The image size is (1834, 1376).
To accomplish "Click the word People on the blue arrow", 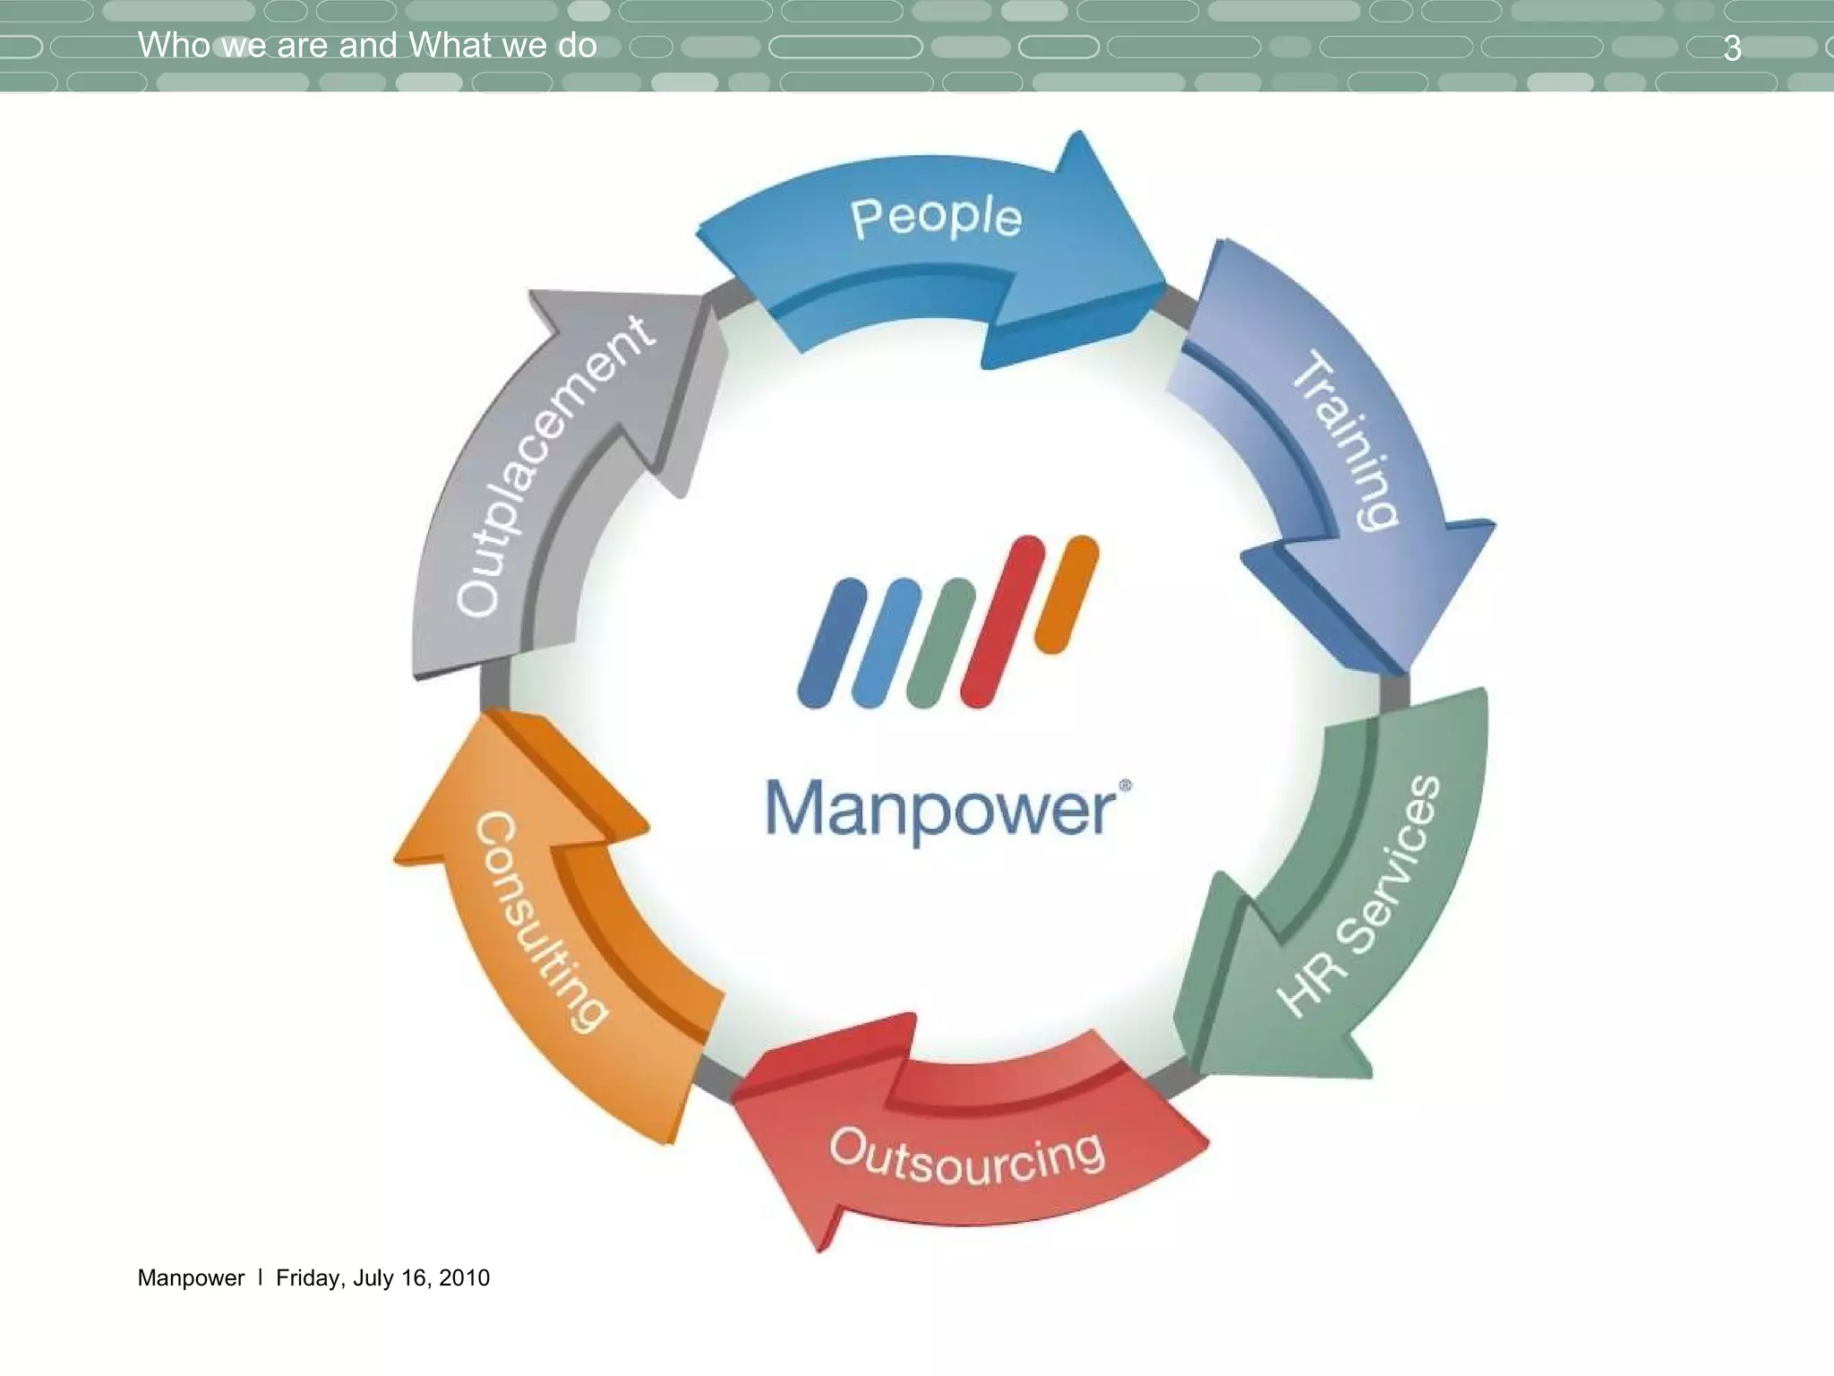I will pos(936,218).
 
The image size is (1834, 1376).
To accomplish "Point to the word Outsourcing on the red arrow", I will pos(967,1158).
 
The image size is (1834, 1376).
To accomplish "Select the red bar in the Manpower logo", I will pos(1002,622).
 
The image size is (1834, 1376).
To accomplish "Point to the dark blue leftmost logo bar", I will pos(832,642).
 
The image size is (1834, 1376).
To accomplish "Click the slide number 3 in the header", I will pos(1732,48).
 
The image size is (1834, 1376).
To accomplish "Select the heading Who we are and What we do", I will pos(367,45).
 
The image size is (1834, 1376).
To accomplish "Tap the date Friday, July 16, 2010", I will pos(382,1277).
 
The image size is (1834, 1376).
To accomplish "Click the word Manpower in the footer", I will pos(191,1277).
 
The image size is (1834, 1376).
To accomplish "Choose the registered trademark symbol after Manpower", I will pos(1126,786).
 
